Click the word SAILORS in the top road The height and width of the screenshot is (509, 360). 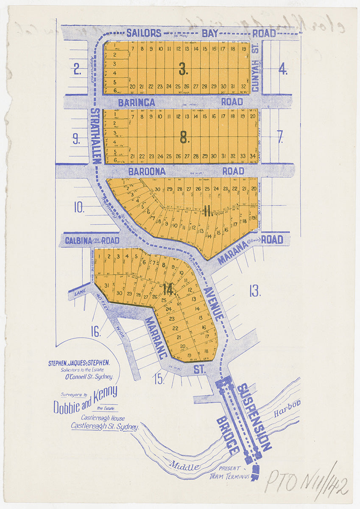(x=144, y=33)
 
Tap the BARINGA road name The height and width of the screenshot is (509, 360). (x=137, y=102)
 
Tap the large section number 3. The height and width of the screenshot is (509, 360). (x=183, y=69)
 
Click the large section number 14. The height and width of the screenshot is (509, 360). (x=169, y=290)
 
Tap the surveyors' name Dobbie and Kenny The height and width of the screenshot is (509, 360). (x=85, y=400)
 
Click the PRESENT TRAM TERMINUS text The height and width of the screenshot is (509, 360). (x=225, y=473)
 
